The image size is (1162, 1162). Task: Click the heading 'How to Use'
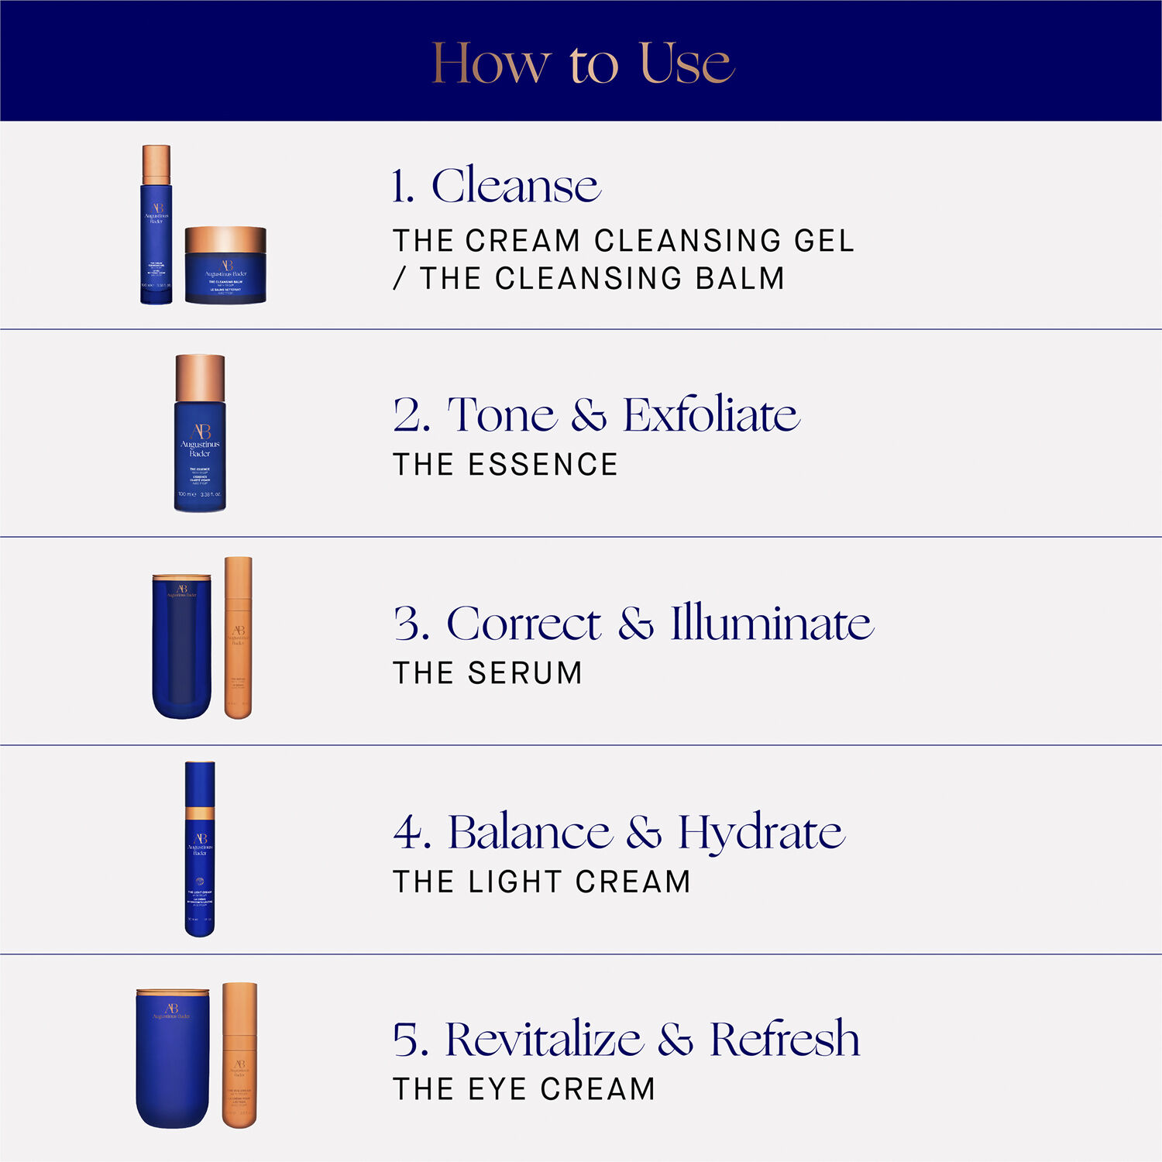pyautogui.click(x=583, y=64)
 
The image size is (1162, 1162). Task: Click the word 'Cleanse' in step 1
pyautogui.click(x=516, y=186)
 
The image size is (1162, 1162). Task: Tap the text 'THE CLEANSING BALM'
pyautogui.click(x=601, y=279)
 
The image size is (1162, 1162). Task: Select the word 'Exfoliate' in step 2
pyautogui.click(x=710, y=415)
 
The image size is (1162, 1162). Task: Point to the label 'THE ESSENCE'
pyautogui.click(x=506, y=465)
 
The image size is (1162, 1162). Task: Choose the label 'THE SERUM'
pyautogui.click(x=487, y=673)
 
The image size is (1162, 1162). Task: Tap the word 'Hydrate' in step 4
pyautogui.click(x=761, y=833)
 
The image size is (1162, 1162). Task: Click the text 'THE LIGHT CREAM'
pyautogui.click(x=541, y=882)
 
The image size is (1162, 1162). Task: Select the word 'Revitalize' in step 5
pyautogui.click(x=544, y=1040)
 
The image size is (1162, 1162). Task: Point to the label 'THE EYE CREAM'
pyautogui.click(x=524, y=1089)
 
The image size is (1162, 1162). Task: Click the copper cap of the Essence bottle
pyautogui.click(x=200, y=377)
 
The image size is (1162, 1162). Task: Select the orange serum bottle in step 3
pyautogui.click(x=238, y=638)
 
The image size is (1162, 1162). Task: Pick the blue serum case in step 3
pyautogui.click(x=182, y=647)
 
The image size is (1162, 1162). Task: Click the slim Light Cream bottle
pyautogui.click(x=200, y=850)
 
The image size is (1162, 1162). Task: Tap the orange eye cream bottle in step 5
pyautogui.click(x=239, y=1056)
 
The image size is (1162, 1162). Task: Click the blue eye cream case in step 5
pyautogui.click(x=173, y=1058)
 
